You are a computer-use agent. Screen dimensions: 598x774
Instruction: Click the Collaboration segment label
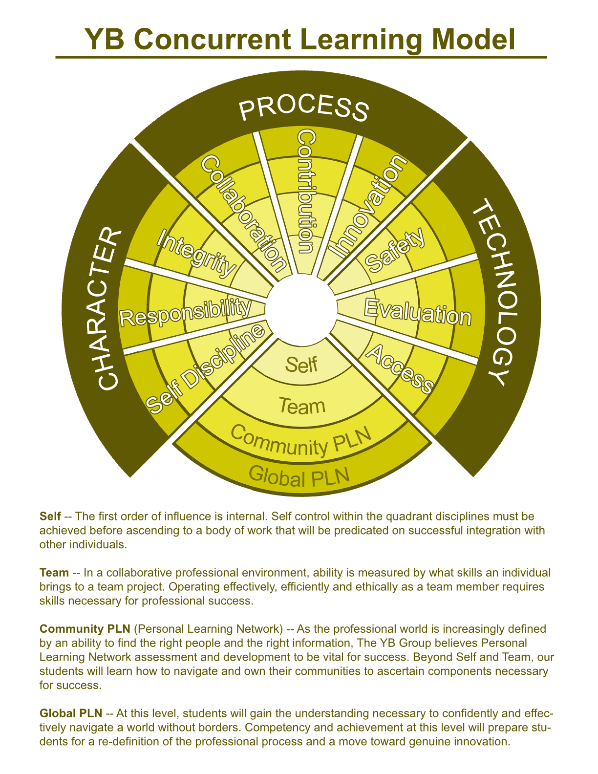(244, 214)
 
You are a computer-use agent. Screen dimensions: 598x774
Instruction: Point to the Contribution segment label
(306, 192)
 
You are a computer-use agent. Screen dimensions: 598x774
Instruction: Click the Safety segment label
(395, 250)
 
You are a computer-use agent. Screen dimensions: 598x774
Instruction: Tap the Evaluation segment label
(417, 312)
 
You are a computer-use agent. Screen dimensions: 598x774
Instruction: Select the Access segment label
(399, 368)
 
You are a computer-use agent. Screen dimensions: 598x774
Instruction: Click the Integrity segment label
(196, 253)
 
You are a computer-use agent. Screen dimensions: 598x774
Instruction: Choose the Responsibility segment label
(185, 312)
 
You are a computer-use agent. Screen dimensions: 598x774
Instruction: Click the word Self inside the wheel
(301, 365)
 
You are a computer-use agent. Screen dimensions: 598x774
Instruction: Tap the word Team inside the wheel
(302, 406)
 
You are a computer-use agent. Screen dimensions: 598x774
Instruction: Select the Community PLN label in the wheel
(301, 440)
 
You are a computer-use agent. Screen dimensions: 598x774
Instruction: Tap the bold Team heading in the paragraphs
(54, 572)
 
